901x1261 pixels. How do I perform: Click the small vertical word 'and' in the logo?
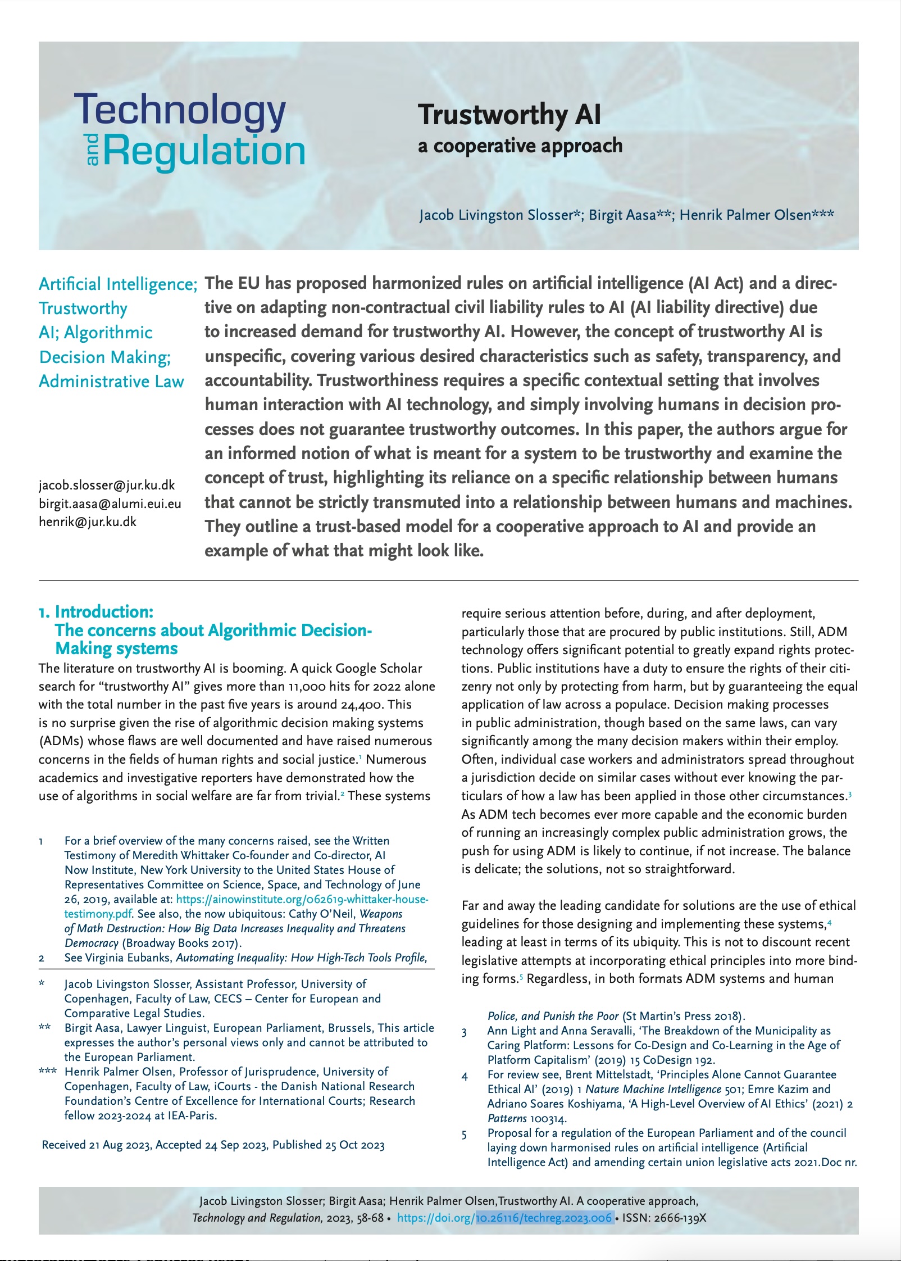(x=93, y=150)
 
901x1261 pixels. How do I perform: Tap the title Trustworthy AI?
(x=509, y=115)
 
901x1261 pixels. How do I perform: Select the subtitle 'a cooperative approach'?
(x=520, y=146)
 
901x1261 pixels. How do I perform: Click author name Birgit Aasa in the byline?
(x=622, y=215)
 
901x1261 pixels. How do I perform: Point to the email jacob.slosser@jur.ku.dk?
(x=107, y=485)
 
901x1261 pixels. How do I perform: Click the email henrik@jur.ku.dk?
(x=87, y=521)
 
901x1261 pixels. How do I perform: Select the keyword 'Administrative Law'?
(x=111, y=382)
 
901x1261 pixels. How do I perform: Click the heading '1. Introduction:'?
(x=96, y=611)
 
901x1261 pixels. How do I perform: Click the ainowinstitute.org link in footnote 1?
(x=302, y=899)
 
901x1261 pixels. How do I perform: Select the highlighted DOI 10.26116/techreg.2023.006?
(x=544, y=1218)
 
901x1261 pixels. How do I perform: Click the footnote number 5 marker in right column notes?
(x=464, y=1135)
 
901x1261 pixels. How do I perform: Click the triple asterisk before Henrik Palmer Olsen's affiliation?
(x=47, y=1072)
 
